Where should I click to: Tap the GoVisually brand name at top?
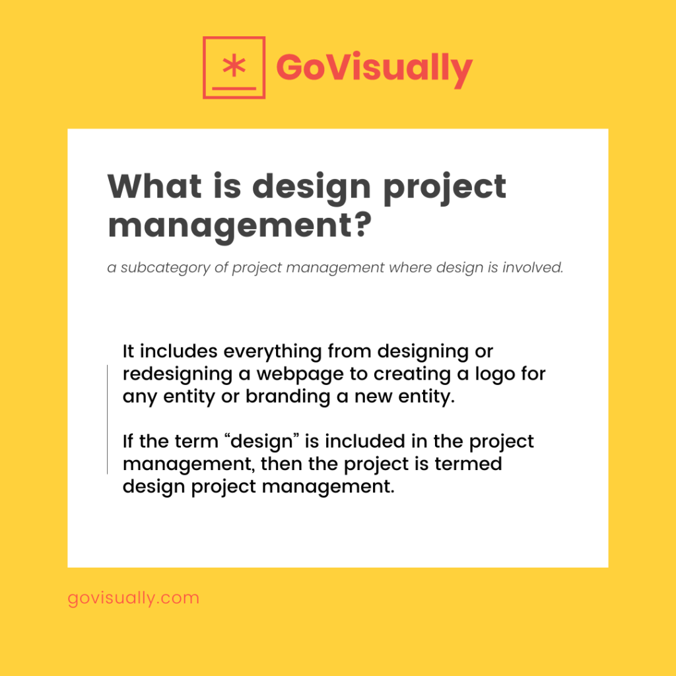[374, 67]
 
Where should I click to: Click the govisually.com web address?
[133, 598]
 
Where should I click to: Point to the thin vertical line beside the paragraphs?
[107, 419]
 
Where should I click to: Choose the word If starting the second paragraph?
[129, 441]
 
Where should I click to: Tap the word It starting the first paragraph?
[129, 351]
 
